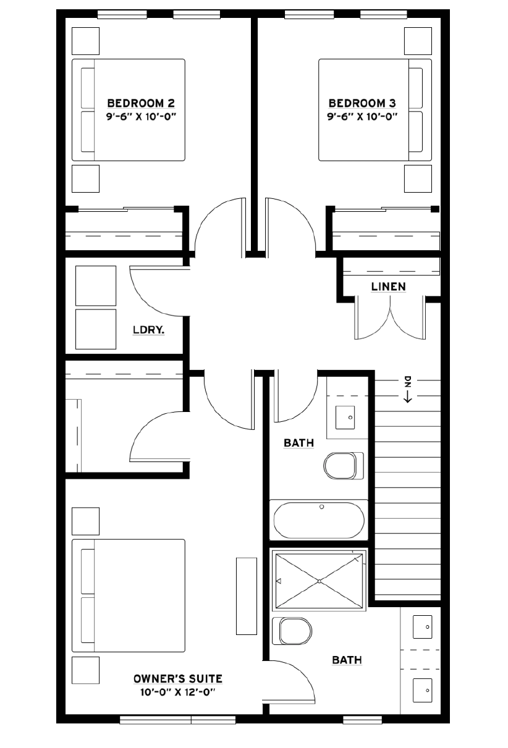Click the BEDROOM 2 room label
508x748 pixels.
tap(141, 103)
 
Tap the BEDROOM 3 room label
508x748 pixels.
tap(362, 103)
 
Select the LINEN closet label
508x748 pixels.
tap(388, 287)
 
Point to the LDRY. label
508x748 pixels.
tap(148, 330)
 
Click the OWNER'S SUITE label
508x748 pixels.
tap(178, 679)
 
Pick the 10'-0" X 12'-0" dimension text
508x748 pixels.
tap(177, 692)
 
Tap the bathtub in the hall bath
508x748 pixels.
tap(319, 520)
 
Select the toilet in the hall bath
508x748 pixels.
tap(344, 466)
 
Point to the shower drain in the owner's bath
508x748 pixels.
tap(319, 581)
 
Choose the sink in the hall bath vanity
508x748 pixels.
tap(345, 417)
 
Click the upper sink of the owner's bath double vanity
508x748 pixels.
tap(423, 627)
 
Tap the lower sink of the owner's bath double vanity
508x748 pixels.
tap(423, 690)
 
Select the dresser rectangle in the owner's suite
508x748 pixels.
tap(247, 595)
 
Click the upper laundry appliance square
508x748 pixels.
tap(96, 285)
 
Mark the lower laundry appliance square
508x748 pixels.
tap(96, 329)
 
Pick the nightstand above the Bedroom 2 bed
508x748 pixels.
tap(85, 41)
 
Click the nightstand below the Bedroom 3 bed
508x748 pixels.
tap(418, 179)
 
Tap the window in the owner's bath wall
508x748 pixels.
tap(362, 720)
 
